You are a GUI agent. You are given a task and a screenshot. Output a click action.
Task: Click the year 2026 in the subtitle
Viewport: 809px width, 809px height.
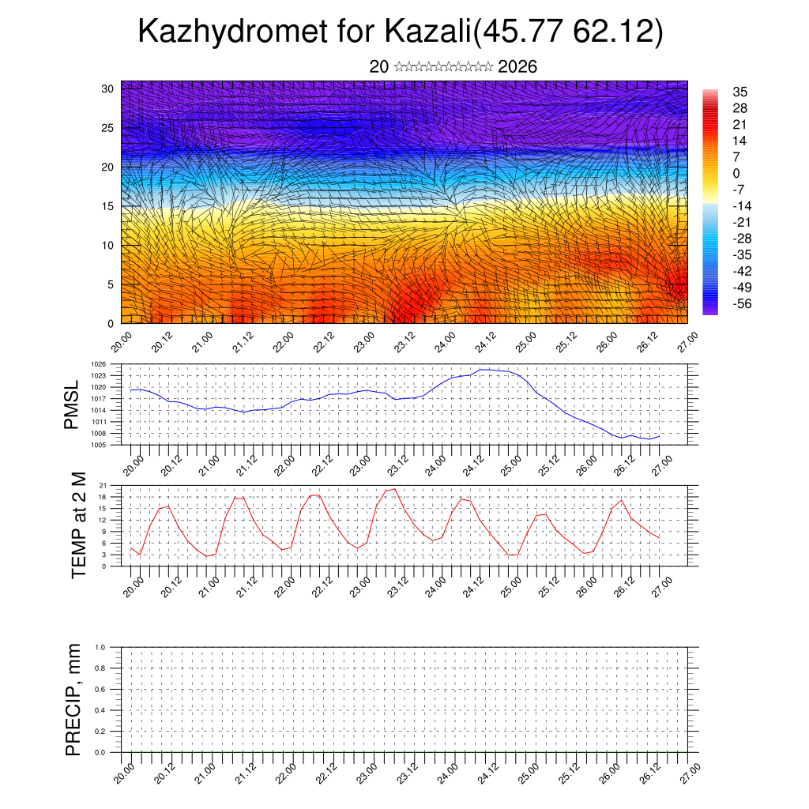517,66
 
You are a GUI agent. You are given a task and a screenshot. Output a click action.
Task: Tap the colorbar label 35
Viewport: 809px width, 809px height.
739,92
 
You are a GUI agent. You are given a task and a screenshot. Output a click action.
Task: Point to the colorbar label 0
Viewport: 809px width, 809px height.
736,173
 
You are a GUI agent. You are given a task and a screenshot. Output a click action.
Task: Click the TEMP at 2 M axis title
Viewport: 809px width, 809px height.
77,525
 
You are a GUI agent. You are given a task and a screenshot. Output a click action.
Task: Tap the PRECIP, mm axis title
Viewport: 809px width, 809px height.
73,699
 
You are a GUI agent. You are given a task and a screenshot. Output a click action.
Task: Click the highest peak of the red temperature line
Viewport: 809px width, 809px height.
394,489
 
